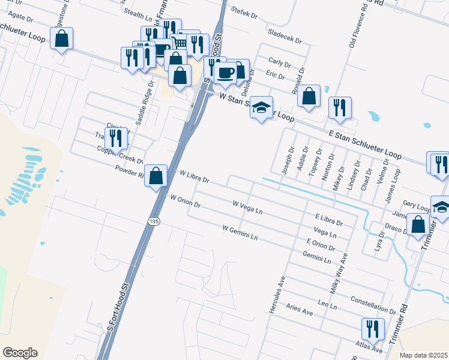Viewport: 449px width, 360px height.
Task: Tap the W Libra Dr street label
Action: [x=194, y=176]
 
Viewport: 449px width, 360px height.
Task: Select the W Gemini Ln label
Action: [x=240, y=233]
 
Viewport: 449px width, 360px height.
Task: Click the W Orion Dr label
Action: [x=185, y=201]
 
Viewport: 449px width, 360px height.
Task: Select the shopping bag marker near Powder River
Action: [x=155, y=176]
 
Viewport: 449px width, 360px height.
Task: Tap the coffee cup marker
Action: [x=225, y=73]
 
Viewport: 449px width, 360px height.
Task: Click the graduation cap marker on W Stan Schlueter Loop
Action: [x=261, y=107]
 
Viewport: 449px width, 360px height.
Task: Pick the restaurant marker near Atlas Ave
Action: [x=373, y=329]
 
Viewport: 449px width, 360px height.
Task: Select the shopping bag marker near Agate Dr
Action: [x=61, y=39]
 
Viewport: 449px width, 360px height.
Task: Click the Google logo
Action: [x=20, y=353]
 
